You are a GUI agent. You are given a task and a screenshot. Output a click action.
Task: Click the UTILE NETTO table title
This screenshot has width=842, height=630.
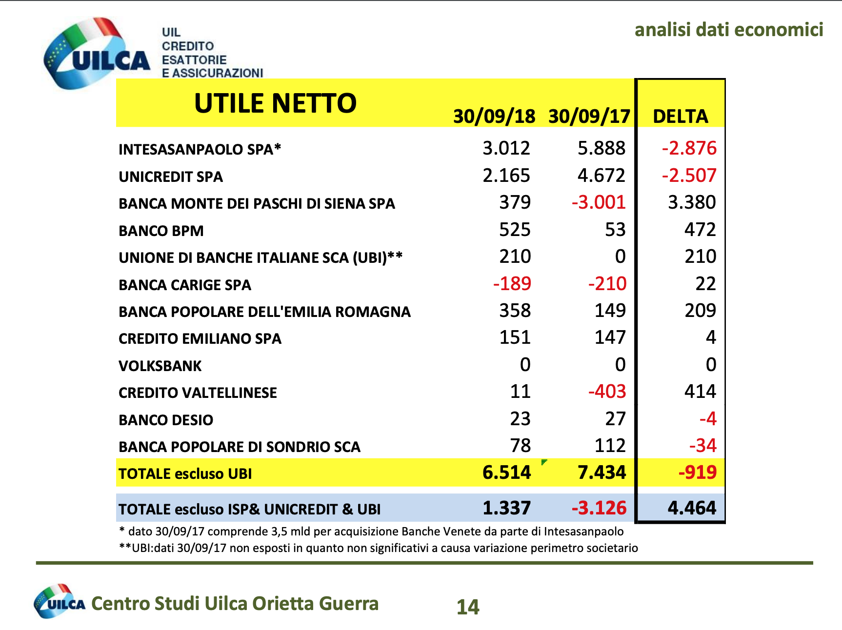click(275, 103)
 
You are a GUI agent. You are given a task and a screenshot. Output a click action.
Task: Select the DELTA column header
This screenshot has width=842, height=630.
click(680, 117)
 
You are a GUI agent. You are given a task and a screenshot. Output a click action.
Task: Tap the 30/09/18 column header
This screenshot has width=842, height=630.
click(494, 117)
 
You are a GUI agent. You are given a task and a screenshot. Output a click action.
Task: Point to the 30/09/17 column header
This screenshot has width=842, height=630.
click(589, 117)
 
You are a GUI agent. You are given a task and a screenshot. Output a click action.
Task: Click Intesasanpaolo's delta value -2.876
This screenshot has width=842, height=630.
click(689, 148)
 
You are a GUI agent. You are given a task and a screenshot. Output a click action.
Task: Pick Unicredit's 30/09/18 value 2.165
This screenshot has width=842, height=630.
click(506, 176)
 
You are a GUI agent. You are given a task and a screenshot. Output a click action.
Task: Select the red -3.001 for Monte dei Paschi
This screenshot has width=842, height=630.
click(599, 202)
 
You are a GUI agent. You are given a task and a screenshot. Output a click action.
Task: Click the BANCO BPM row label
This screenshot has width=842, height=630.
click(161, 231)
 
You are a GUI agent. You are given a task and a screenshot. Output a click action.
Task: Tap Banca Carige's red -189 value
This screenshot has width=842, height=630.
click(512, 284)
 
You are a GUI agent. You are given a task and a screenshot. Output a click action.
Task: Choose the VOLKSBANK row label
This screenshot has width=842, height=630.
click(160, 366)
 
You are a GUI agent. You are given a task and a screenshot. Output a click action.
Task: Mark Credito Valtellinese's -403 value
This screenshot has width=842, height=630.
click(607, 392)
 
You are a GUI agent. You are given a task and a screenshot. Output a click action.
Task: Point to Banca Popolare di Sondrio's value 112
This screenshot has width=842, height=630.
click(610, 446)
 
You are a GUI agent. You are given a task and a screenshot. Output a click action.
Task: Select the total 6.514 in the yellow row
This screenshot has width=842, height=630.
click(506, 472)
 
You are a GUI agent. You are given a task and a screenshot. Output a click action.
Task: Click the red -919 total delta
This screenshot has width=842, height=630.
click(697, 472)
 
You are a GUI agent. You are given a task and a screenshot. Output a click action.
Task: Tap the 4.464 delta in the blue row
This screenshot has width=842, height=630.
click(692, 508)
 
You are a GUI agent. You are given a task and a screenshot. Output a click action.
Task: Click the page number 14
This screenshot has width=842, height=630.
click(468, 607)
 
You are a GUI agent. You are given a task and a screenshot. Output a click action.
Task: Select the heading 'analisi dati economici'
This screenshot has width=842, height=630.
click(728, 30)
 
